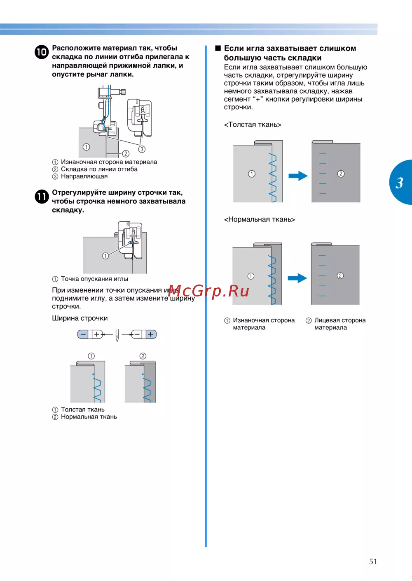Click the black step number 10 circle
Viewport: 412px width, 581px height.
(42, 52)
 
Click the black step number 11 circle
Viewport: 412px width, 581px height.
(42, 197)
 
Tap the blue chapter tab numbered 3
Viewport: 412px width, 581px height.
(400, 182)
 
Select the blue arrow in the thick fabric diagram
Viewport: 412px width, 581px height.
(298, 176)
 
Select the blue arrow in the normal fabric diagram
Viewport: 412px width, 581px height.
(297, 278)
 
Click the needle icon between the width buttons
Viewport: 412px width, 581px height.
(117, 335)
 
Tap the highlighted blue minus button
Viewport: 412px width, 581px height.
(83, 334)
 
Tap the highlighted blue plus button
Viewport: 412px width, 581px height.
(151, 334)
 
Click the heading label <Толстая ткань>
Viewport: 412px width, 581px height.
(253, 125)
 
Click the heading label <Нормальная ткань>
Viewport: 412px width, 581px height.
(260, 220)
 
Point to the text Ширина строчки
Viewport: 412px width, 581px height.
(80, 318)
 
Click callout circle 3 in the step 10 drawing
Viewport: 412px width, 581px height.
(142, 149)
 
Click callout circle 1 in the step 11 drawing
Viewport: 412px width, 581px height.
(105, 256)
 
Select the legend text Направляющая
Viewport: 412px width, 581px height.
(84, 176)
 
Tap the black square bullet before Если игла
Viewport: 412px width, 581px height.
(218, 48)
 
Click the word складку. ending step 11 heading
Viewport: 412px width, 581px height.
(68, 210)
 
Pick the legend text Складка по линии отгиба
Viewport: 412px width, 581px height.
(99, 169)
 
